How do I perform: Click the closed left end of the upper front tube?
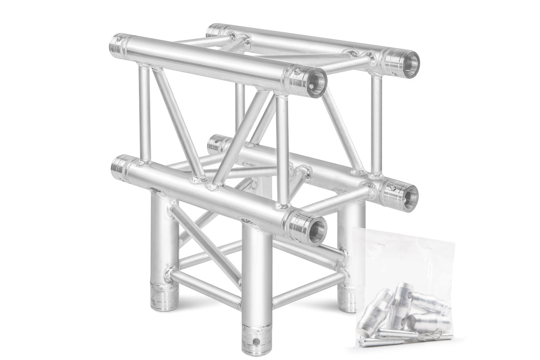pos(118,43)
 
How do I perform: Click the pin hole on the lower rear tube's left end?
pos(217,144)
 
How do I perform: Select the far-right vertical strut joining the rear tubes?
pos(376,125)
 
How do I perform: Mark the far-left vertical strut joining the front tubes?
pos(145,113)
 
